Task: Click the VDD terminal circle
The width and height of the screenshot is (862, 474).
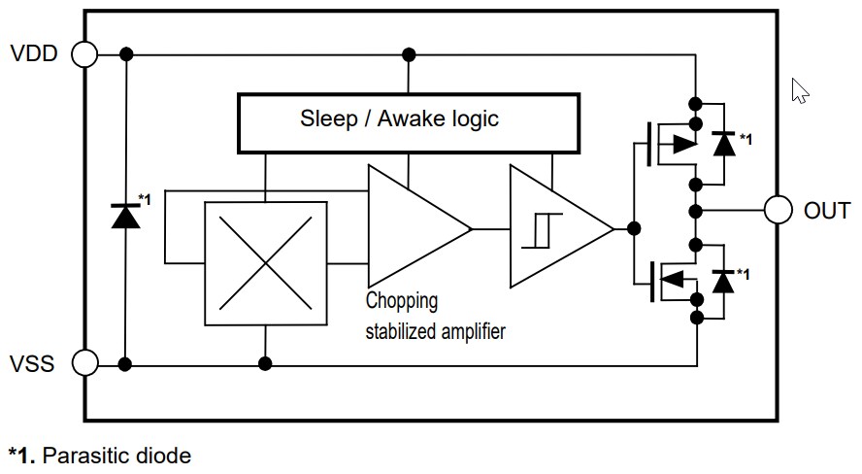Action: (85, 53)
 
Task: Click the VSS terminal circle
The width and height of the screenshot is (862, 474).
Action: (85, 364)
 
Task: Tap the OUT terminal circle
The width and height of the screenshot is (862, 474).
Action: (779, 210)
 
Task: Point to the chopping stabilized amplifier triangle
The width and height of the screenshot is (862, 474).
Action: (413, 229)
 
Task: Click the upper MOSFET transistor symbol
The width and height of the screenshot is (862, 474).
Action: (670, 143)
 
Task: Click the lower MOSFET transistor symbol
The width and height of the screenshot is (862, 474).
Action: (670, 279)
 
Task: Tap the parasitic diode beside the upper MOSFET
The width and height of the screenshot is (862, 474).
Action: (721, 143)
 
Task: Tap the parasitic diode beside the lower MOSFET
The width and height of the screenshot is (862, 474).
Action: (721, 280)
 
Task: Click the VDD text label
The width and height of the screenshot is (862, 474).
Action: (34, 53)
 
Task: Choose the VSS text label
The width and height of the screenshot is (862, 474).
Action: (33, 365)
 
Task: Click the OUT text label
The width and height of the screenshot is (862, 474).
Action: (827, 211)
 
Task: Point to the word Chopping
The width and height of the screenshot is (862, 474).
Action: (402, 300)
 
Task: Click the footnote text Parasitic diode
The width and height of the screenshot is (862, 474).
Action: (116, 455)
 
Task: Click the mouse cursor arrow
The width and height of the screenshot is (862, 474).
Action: (800, 90)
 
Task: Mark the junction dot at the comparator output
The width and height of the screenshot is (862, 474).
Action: (634, 229)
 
